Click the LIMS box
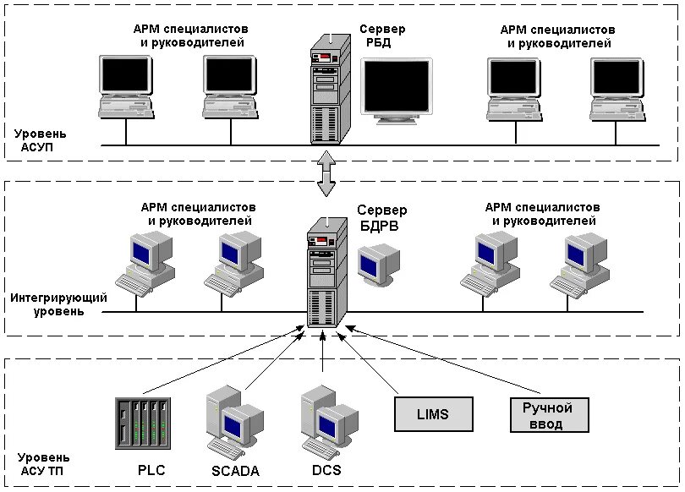pos(433,414)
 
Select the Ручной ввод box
pos(547,415)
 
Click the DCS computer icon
pos(326,421)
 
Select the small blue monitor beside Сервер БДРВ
pos(377,265)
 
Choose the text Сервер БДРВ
pos(381,217)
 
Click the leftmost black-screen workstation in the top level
pos(125,87)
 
